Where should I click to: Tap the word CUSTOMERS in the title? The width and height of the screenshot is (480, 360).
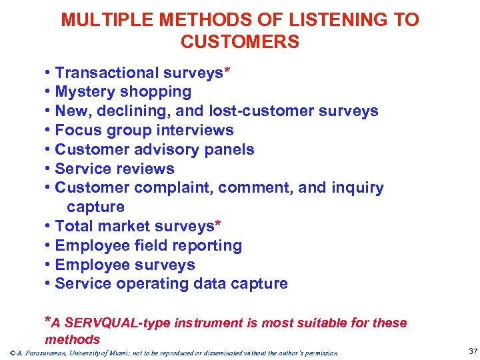[x=240, y=43]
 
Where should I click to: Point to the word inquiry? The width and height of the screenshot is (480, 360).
[x=357, y=188]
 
